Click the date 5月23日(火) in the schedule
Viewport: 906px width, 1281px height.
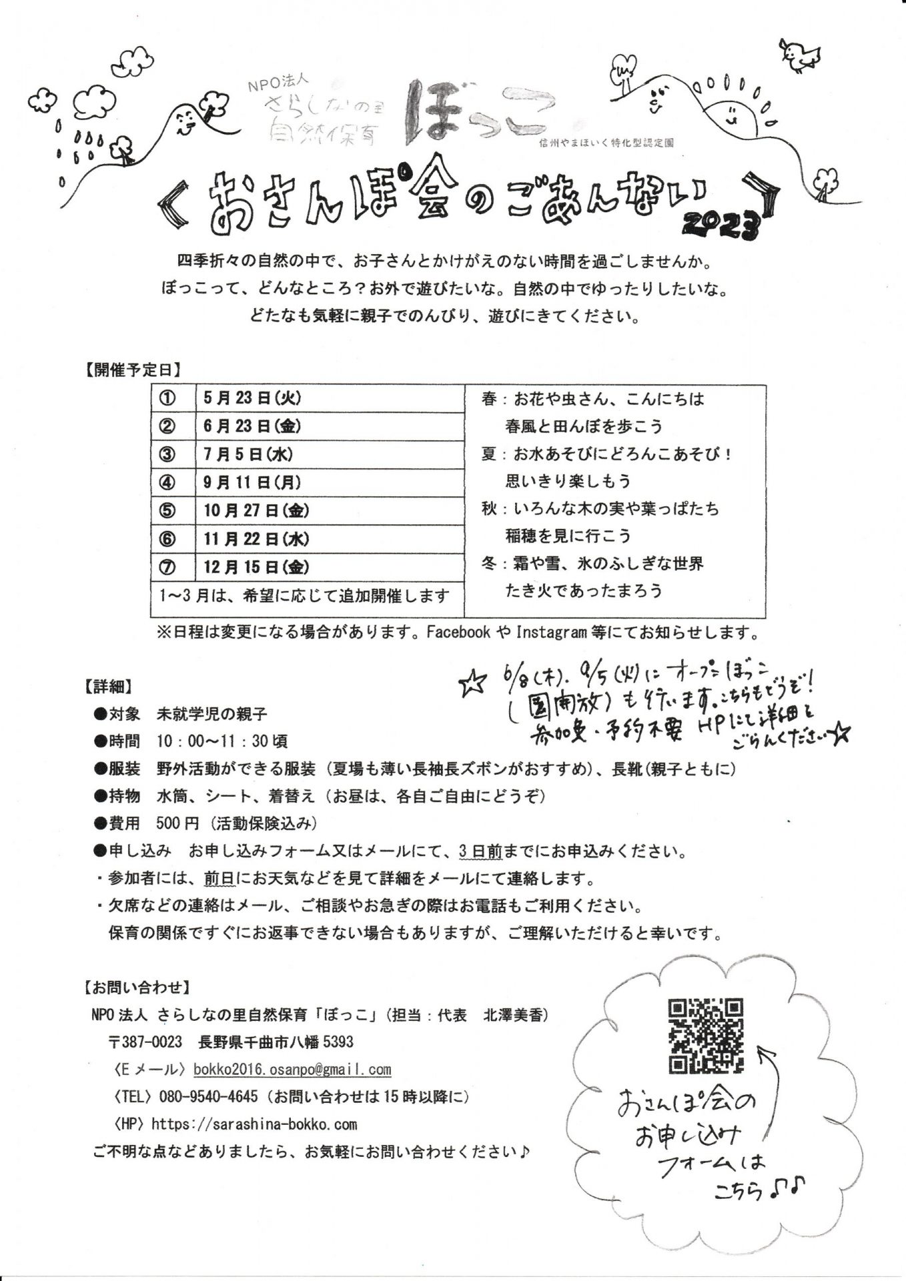click(252, 398)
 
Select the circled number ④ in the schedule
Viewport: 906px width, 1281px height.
click(167, 482)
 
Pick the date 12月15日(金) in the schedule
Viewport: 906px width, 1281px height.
click(256, 568)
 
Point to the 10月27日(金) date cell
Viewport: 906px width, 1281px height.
click(256, 511)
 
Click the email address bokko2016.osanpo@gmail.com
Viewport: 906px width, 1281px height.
click(292, 1070)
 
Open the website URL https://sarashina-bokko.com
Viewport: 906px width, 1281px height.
click(254, 1124)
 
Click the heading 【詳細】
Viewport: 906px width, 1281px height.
click(107, 685)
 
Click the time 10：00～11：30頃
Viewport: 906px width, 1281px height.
click(223, 741)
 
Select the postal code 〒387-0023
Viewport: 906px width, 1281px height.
click(145, 1042)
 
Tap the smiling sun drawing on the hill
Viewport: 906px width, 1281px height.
click(734, 111)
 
